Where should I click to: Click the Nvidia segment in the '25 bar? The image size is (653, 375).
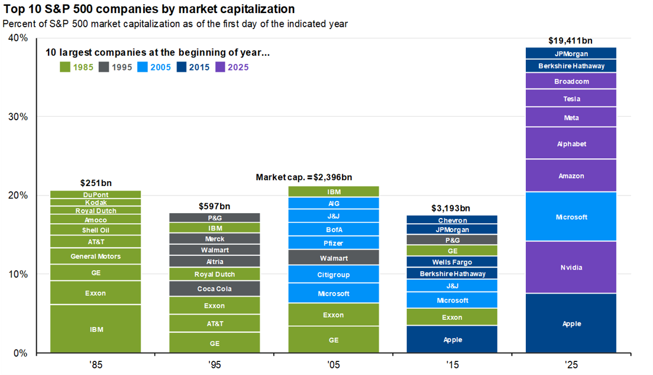click(571, 267)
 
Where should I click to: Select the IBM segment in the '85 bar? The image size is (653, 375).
click(96, 329)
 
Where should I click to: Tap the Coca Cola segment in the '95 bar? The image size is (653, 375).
click(214, 289)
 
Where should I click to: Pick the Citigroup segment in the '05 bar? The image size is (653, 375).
click(334, 275)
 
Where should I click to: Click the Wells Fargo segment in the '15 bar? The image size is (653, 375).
click(452, 262)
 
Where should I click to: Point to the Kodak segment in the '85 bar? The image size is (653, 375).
click(96, 203)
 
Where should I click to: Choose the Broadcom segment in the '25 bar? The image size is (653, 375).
click(571, 81)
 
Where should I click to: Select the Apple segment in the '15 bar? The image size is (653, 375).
click(452, 339)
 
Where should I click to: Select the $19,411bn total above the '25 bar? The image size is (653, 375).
click(571, 41)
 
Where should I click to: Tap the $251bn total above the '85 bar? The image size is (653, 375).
click(96, 183)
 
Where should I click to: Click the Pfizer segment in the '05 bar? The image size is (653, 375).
click(334, 243)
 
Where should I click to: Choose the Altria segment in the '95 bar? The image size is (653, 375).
click(214, 261)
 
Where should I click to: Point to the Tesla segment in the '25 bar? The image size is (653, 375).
click(571, 99)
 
